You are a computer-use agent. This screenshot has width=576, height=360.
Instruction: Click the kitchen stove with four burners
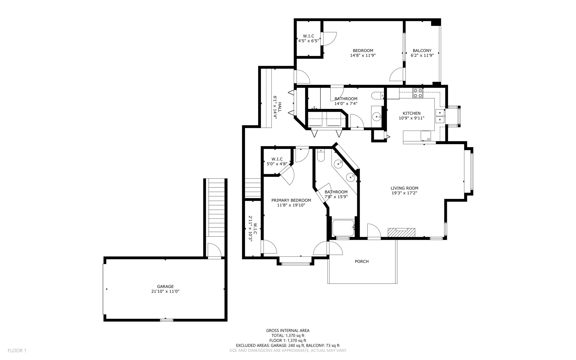pyautogui.click(x=418, y=93)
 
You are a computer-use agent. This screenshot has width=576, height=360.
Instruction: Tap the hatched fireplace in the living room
pyautogui.click(x=401, y=232)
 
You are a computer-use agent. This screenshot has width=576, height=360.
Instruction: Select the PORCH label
pyautogui.click(x=361, y=261)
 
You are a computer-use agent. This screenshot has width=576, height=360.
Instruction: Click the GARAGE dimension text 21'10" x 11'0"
pyautogui.click(x=165, y=292)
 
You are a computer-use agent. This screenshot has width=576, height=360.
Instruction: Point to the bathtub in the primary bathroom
pyautogui.click(x=343, y=228)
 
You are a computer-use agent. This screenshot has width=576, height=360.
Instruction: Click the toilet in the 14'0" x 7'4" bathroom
pyautogui.click(x=377, y=96)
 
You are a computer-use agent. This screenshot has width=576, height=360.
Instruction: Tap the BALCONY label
pyautogui.click(x=422, y=51)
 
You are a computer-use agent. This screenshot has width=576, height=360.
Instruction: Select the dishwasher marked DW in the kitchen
pyautogui.click(x=426, y=136)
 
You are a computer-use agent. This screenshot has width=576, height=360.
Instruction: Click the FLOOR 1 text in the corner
pyautogui.click(x=17, y=350)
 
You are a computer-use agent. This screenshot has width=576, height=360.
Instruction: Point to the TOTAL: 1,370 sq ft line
pyautogui.click(x=288, y=336)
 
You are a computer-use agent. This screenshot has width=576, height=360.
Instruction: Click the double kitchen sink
pyautogui.click(x=440, y=116)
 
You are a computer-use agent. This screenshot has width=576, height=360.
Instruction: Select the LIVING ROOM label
pyautogui.click(x=404, y=188)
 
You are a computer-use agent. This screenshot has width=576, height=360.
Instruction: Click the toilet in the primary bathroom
pyautogui.click(x=321, y=155)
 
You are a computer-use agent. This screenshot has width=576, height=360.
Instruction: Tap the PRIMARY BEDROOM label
pyautogui.click(x=291, y=200)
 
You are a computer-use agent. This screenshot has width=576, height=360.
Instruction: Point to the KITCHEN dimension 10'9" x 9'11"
pyautogui.click(x=411, y=118)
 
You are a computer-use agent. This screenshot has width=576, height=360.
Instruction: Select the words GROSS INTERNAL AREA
pyautogui.click(x=288, y=330)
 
